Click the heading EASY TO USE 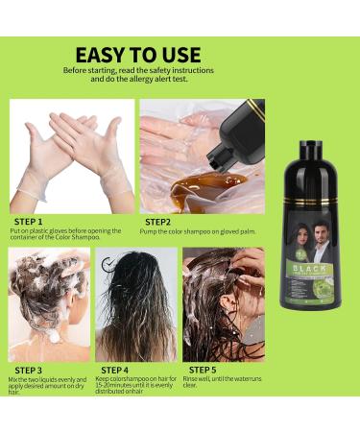[x=137, y=55]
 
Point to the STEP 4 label [x=115, y=369]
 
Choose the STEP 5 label [x=203, y=369]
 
